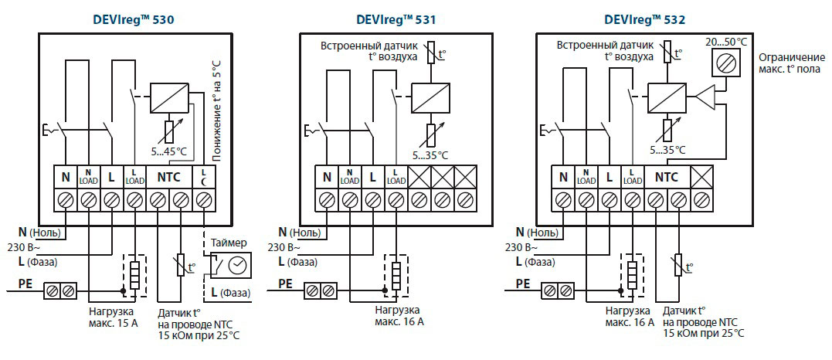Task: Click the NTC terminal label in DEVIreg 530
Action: (168, 177)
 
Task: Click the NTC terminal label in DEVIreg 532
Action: (667, 177)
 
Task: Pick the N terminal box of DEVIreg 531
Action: (327, 177)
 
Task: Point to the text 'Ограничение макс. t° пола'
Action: (791, 64)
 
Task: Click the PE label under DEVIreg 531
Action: (285, 284)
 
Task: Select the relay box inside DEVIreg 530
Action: (169, 97)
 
